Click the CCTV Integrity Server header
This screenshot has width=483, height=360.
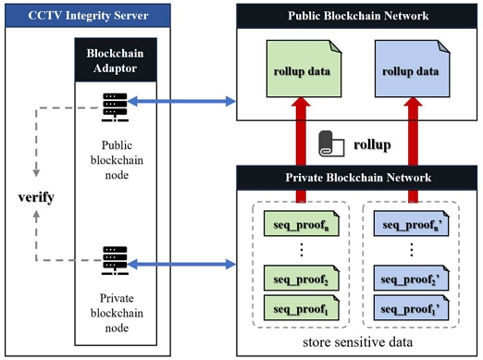click(x=88, y=16)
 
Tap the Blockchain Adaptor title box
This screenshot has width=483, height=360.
click(x=116, y=60)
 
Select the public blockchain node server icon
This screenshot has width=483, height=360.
click(x=115, y=107)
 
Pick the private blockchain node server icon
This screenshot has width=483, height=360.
click(x=115, y=260)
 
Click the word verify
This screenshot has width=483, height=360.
click(x=36, y=197)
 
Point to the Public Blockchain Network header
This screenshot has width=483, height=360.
click(x=357, y=16)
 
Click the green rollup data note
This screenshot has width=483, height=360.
click(x=303, y=68)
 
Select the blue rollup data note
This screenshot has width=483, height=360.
click(x=412, y=68)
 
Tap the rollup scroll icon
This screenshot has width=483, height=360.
click(x=331, y=143)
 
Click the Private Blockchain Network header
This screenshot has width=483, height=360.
click(x=357, y=178)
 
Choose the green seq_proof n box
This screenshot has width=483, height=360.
click(x=302, y=224)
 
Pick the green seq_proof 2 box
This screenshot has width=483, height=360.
click(x=302, y=278)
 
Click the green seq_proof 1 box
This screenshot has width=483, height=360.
click(x=302, y=307)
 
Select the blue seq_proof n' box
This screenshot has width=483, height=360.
click(x=411, y=224)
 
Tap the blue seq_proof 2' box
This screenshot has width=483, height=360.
click(x=411, y=278)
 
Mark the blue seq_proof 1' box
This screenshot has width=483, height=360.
click(x=411, y=307)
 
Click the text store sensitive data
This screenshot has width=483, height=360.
click(x=357, y=342)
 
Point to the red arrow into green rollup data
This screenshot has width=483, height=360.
click(x=301, y=150)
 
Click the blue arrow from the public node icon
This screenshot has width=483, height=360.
click(x=181, y=101)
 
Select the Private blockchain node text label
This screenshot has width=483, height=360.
click(x=117, y=313)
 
